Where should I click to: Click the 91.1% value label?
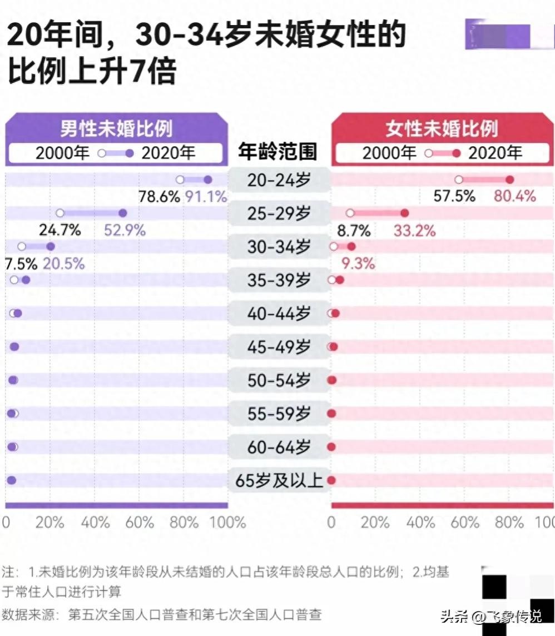[x=206, y=197]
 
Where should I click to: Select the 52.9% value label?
[x=125, y=230]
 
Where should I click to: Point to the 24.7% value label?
[x=60, y=230]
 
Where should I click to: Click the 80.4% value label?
[x=515, y=196]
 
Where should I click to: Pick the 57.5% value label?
[x=454, y=196]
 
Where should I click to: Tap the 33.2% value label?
[x=414, y=230]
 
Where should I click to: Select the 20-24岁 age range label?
[x=279, y=180]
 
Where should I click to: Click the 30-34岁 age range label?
[x=279, y=247]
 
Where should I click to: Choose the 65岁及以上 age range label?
[x=279, y=480]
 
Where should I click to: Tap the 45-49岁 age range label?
[x=279, y=347]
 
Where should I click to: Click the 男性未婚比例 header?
[x=116, y=129]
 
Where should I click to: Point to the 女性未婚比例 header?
[x=442, y=129]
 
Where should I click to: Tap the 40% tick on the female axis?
[x=422, y=523]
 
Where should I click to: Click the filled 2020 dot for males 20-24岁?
[x=208, y=180]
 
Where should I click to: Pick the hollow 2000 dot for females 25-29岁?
[x=350, y=213]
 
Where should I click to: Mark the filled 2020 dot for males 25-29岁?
[x=123, y=213]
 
